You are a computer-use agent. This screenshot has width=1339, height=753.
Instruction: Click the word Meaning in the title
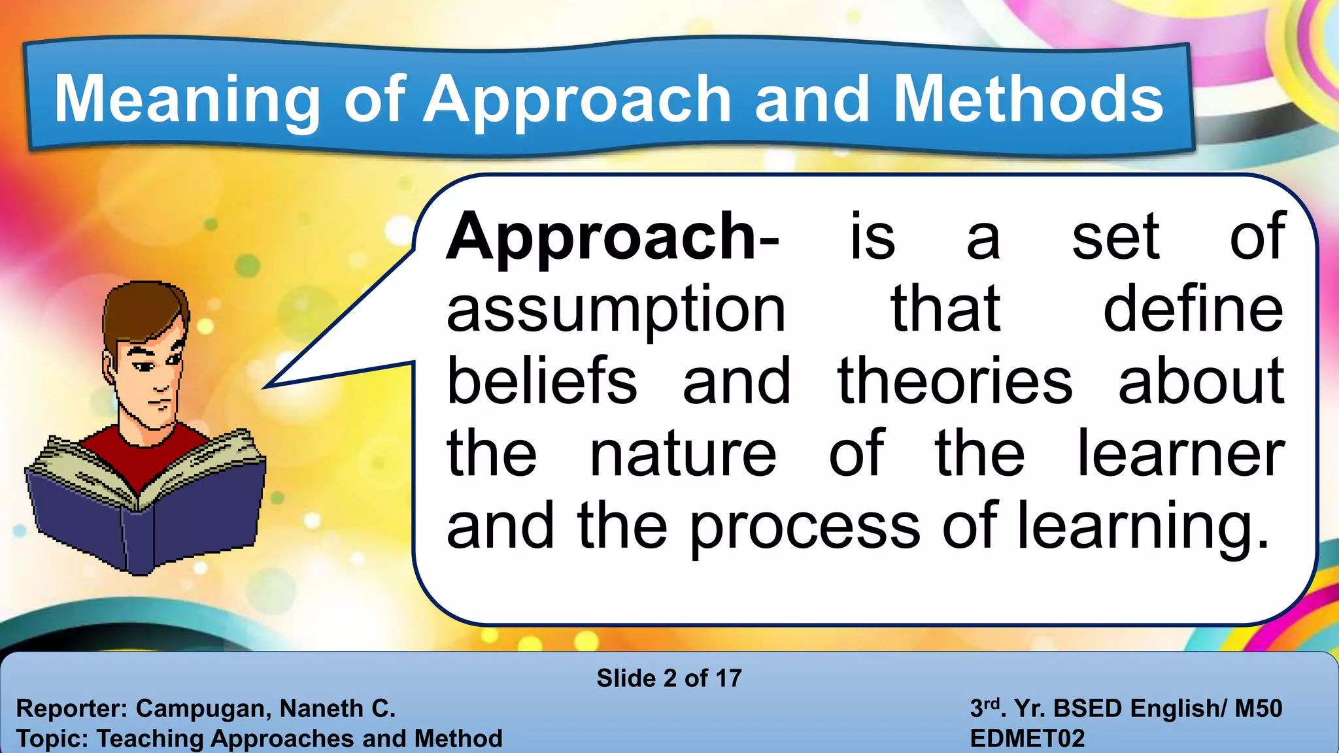pyautogui.click(x=187, y=99)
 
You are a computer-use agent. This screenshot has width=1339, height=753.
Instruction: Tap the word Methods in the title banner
pyautogui.click(x=1028, y=99)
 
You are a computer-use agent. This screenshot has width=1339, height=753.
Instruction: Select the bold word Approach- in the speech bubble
pyautogui.click(x=612, y=239)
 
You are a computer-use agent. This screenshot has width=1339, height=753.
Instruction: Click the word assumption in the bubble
pyautogui.click(x=615, y=311)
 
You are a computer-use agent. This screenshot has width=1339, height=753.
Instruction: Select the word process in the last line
pyautogui.click(x=804, y=527)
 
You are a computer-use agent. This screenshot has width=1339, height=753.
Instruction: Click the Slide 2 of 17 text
pyautogui.click(x=669, y=678)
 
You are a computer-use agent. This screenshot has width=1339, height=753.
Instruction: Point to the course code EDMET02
pyautogui.click(x=1027, y=739)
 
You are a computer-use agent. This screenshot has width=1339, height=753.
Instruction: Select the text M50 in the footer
pyautogui.click(x=1258, y=709)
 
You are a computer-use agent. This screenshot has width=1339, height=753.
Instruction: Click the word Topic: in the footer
pyautogui.click(x=52, y=739)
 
